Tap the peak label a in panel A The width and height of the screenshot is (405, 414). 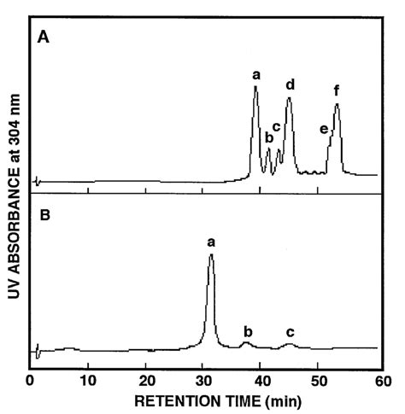coord(255,75)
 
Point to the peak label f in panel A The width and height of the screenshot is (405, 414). coord(337,91)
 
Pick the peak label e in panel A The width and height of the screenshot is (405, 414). coord(324,129)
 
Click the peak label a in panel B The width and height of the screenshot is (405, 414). coord(211,242)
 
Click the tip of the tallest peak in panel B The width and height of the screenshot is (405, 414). coord(211,255)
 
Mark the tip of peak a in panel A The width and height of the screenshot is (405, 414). coord(255,87)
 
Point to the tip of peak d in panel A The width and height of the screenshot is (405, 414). coord(290,98)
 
